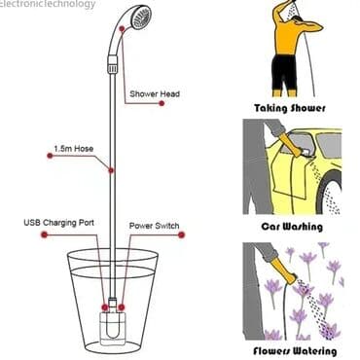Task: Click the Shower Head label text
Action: click(x=155, y=94)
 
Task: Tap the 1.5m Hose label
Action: click(x=74, y=149)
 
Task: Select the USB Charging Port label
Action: click(x=58, y=223)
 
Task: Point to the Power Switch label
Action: click(x=154, y=226)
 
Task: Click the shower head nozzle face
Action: click(x=142, y=18)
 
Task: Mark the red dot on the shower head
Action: click(x=122, y=28)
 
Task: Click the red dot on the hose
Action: click(x=111, y=170)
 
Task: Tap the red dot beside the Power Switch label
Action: click(x=181, y=234)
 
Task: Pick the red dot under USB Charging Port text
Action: click(x=45, y=234)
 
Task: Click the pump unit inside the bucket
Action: click(x=113, y=326)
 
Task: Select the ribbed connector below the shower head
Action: click(x=112, y=64)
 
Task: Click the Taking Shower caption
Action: click(x=290, y=108)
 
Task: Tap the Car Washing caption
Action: click(x=292, y=226)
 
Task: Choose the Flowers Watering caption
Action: click(x=295, y=350)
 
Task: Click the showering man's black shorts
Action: click(x=284, y=72)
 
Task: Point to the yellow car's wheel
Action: click(x=329, y=194)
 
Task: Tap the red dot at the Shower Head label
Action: click(x=162, y=103)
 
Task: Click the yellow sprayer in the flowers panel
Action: click(x=285, y=271)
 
